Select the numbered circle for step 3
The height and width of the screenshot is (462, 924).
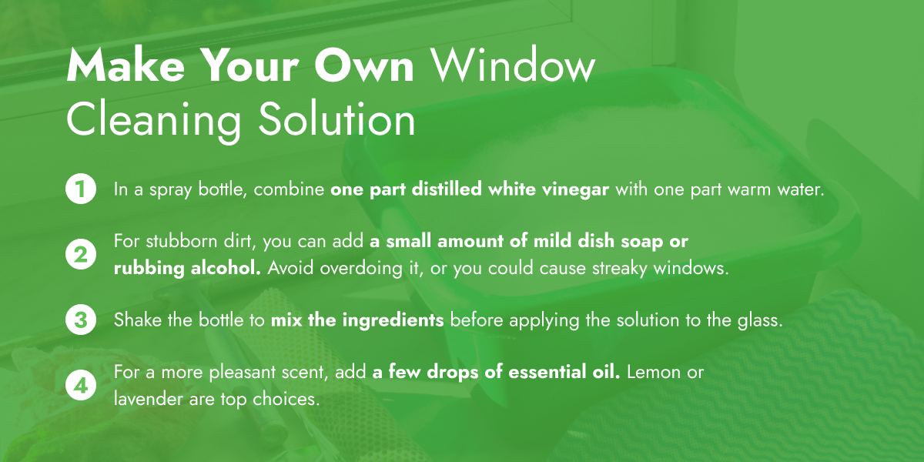(80, 320)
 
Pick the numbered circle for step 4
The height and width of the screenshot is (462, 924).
(80, 386)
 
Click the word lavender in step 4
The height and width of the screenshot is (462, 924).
(144, 400)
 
